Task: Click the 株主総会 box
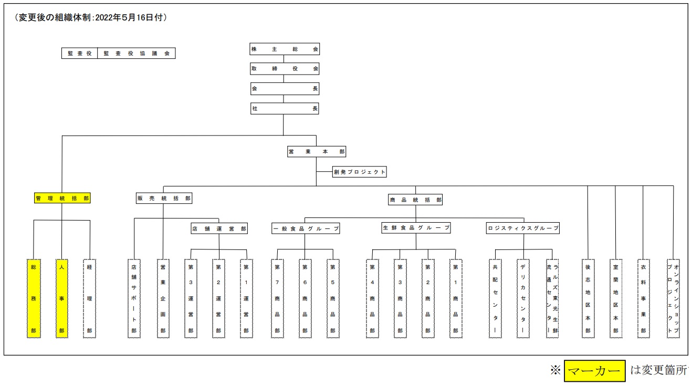tap(285, 49)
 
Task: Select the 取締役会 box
tap(285, 69)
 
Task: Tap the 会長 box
tap(285, 89)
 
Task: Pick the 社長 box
tap(285, 109)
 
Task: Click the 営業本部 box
tap(317, 152)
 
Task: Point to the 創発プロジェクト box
tap(360, 172)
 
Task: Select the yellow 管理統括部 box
tap(62, 199)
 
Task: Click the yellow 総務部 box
tap(34, 298)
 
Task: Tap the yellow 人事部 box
tap(62, 298)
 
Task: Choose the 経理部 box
tap(90, 298)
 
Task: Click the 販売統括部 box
tap(164, 199)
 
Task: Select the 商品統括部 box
tap(415, 200)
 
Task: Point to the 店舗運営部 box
tap(219, 228)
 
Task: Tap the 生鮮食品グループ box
tap(416, 228)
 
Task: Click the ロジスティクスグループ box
tap(523, 228)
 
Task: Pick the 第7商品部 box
tap(278, 298)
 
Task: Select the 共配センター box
tap(495, 298)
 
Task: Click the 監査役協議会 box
tap(137, 53)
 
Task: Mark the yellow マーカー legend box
tap(595, 371)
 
